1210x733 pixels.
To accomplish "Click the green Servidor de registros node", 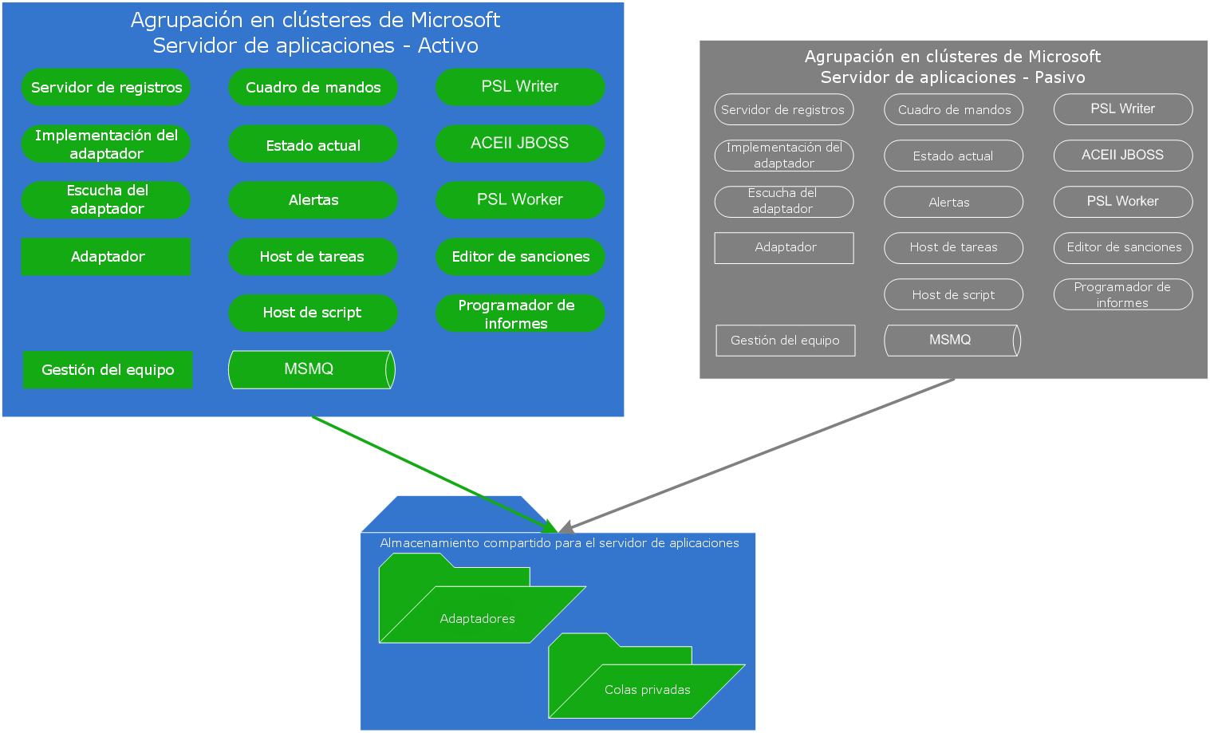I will coord(106,88).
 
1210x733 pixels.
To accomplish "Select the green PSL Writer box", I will coord(520,87).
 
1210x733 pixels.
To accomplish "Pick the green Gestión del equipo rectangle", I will coord(108,370).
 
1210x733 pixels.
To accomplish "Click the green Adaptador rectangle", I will coord(106,257).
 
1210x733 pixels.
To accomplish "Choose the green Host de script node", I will coord(313,313).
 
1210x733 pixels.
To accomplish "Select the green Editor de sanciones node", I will coord(520,257).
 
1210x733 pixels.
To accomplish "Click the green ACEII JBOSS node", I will coord(520,144).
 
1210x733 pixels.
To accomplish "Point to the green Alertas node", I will coord(313,200).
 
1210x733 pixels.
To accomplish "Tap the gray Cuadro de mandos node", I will coord(953,110).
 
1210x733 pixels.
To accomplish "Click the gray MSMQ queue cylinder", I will coord(952,341).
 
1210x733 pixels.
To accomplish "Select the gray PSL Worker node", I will coord(1122,202).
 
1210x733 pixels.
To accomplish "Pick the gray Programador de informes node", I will coord(1122,294).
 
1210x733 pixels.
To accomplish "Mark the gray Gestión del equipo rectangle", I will coord(785,341).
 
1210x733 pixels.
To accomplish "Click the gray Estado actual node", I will coord(953,156).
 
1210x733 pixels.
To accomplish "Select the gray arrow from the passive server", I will coord(758,455).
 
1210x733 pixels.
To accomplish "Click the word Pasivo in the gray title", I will coord(1059,77).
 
